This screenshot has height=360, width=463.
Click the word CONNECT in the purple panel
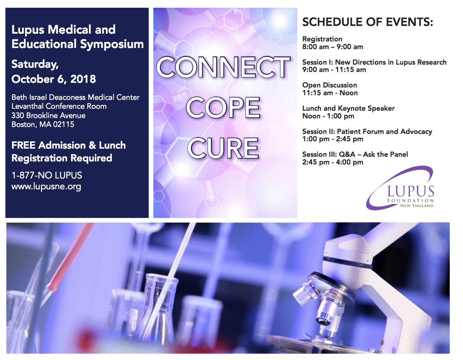[223, 67]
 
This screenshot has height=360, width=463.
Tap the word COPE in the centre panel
[223, 108]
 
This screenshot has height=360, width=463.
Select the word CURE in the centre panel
[223, 148]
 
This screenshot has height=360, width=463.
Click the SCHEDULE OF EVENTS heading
[368, 22]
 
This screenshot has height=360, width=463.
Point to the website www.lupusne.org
[46, 187]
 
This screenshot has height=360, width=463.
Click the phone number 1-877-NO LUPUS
[47, 175]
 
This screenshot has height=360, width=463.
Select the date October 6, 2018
[54, 79]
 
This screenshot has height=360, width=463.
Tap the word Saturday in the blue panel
[35, 64]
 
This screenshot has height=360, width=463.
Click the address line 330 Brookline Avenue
[48, 115]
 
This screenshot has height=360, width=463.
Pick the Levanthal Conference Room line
[59, 106]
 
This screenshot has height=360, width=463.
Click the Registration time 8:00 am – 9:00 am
[333, 47]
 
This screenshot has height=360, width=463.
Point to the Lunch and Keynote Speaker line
[348, 108]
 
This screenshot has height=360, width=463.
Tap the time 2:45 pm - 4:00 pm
[333, 162]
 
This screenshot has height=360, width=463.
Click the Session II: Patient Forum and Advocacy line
[367, 131]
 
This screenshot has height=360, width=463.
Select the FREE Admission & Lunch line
[69, 145]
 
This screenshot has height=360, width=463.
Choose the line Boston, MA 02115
[43, 124]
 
